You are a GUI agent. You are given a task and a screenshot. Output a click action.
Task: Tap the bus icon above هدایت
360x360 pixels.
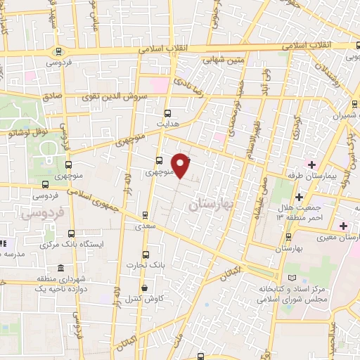(x=167, y=112)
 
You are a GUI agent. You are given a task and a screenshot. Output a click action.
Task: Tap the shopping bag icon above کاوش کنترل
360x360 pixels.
(x=144, y=288)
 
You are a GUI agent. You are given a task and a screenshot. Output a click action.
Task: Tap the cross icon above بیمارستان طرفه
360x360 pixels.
(x=290, y=163)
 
